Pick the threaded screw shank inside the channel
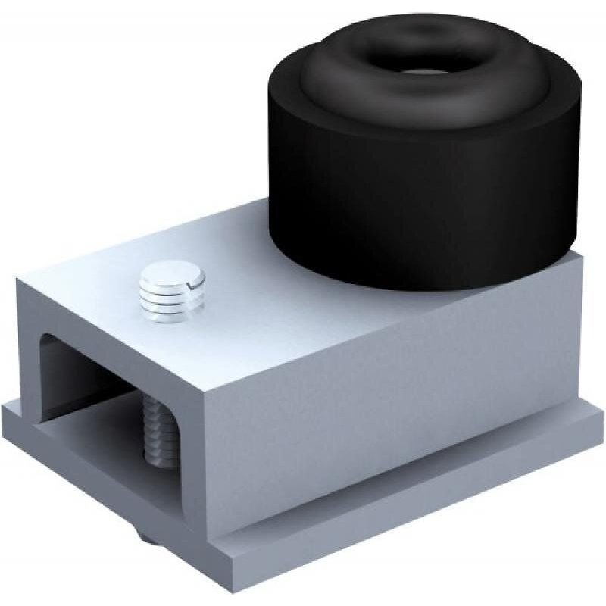point(161,432)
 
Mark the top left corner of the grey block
point(18,278)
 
